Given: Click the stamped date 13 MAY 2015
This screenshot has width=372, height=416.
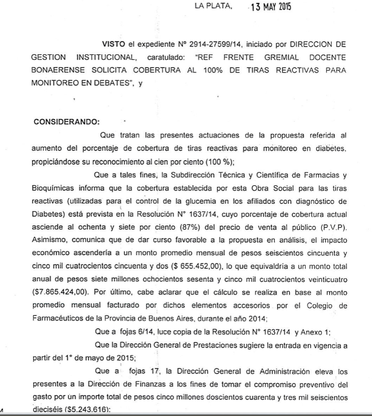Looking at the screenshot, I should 270,8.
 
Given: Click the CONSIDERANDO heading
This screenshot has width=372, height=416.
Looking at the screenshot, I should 66,121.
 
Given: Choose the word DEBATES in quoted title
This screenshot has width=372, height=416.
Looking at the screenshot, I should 109,83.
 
